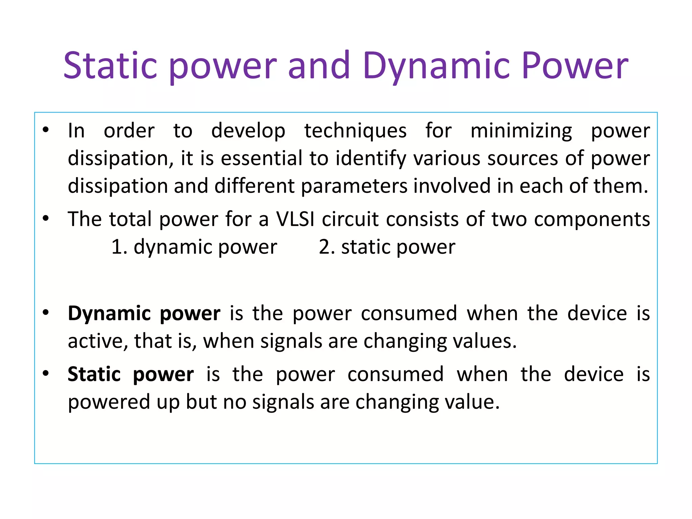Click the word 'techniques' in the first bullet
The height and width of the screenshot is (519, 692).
point(355,131)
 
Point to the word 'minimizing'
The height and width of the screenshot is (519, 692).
point(521,131)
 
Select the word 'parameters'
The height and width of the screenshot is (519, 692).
point(354,187)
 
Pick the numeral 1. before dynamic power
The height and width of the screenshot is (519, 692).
point(119,247)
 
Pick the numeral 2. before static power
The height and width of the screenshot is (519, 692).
point(326,247)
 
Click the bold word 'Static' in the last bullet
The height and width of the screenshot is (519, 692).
point(94,374)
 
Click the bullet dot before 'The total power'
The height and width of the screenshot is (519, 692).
point(46,218)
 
